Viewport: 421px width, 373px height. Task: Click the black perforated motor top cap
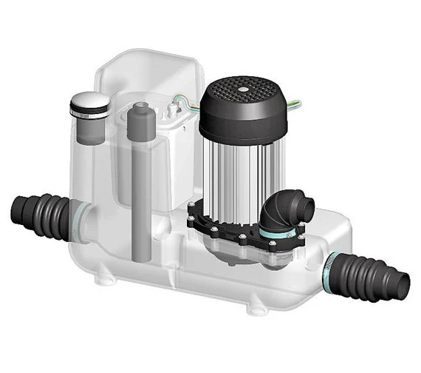click(x=247, y=104)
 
